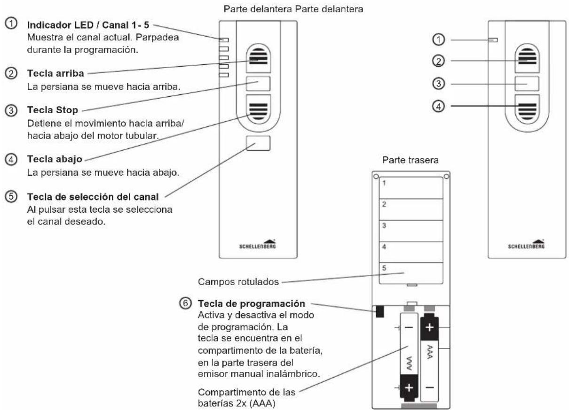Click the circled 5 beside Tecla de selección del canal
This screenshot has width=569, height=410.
[11, 197]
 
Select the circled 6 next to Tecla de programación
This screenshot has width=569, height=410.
[185, 303]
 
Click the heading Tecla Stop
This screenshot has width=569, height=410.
[53, 110]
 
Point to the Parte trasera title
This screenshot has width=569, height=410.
[410, 160]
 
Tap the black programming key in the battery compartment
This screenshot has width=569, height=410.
[380, 311]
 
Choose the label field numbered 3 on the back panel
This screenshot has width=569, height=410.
[411, 231]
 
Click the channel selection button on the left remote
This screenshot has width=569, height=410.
[258, 143]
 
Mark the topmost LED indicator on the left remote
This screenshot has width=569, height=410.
[223, 40]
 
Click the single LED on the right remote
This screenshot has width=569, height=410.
[493, 40]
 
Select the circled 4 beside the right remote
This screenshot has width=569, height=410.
[438, 106]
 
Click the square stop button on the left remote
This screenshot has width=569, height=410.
[258, 84]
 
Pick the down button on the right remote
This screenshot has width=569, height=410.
[527, 109]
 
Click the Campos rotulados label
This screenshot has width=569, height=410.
[238, 282]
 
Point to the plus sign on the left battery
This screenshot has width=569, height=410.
[409, 387]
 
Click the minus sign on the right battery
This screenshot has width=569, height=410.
[429, 387]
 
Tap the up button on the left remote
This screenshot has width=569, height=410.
[258, 58]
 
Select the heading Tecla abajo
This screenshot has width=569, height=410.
[55, 159]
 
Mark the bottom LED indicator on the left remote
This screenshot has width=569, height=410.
[223, 75]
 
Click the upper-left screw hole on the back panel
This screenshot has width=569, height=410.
[376, 176]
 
